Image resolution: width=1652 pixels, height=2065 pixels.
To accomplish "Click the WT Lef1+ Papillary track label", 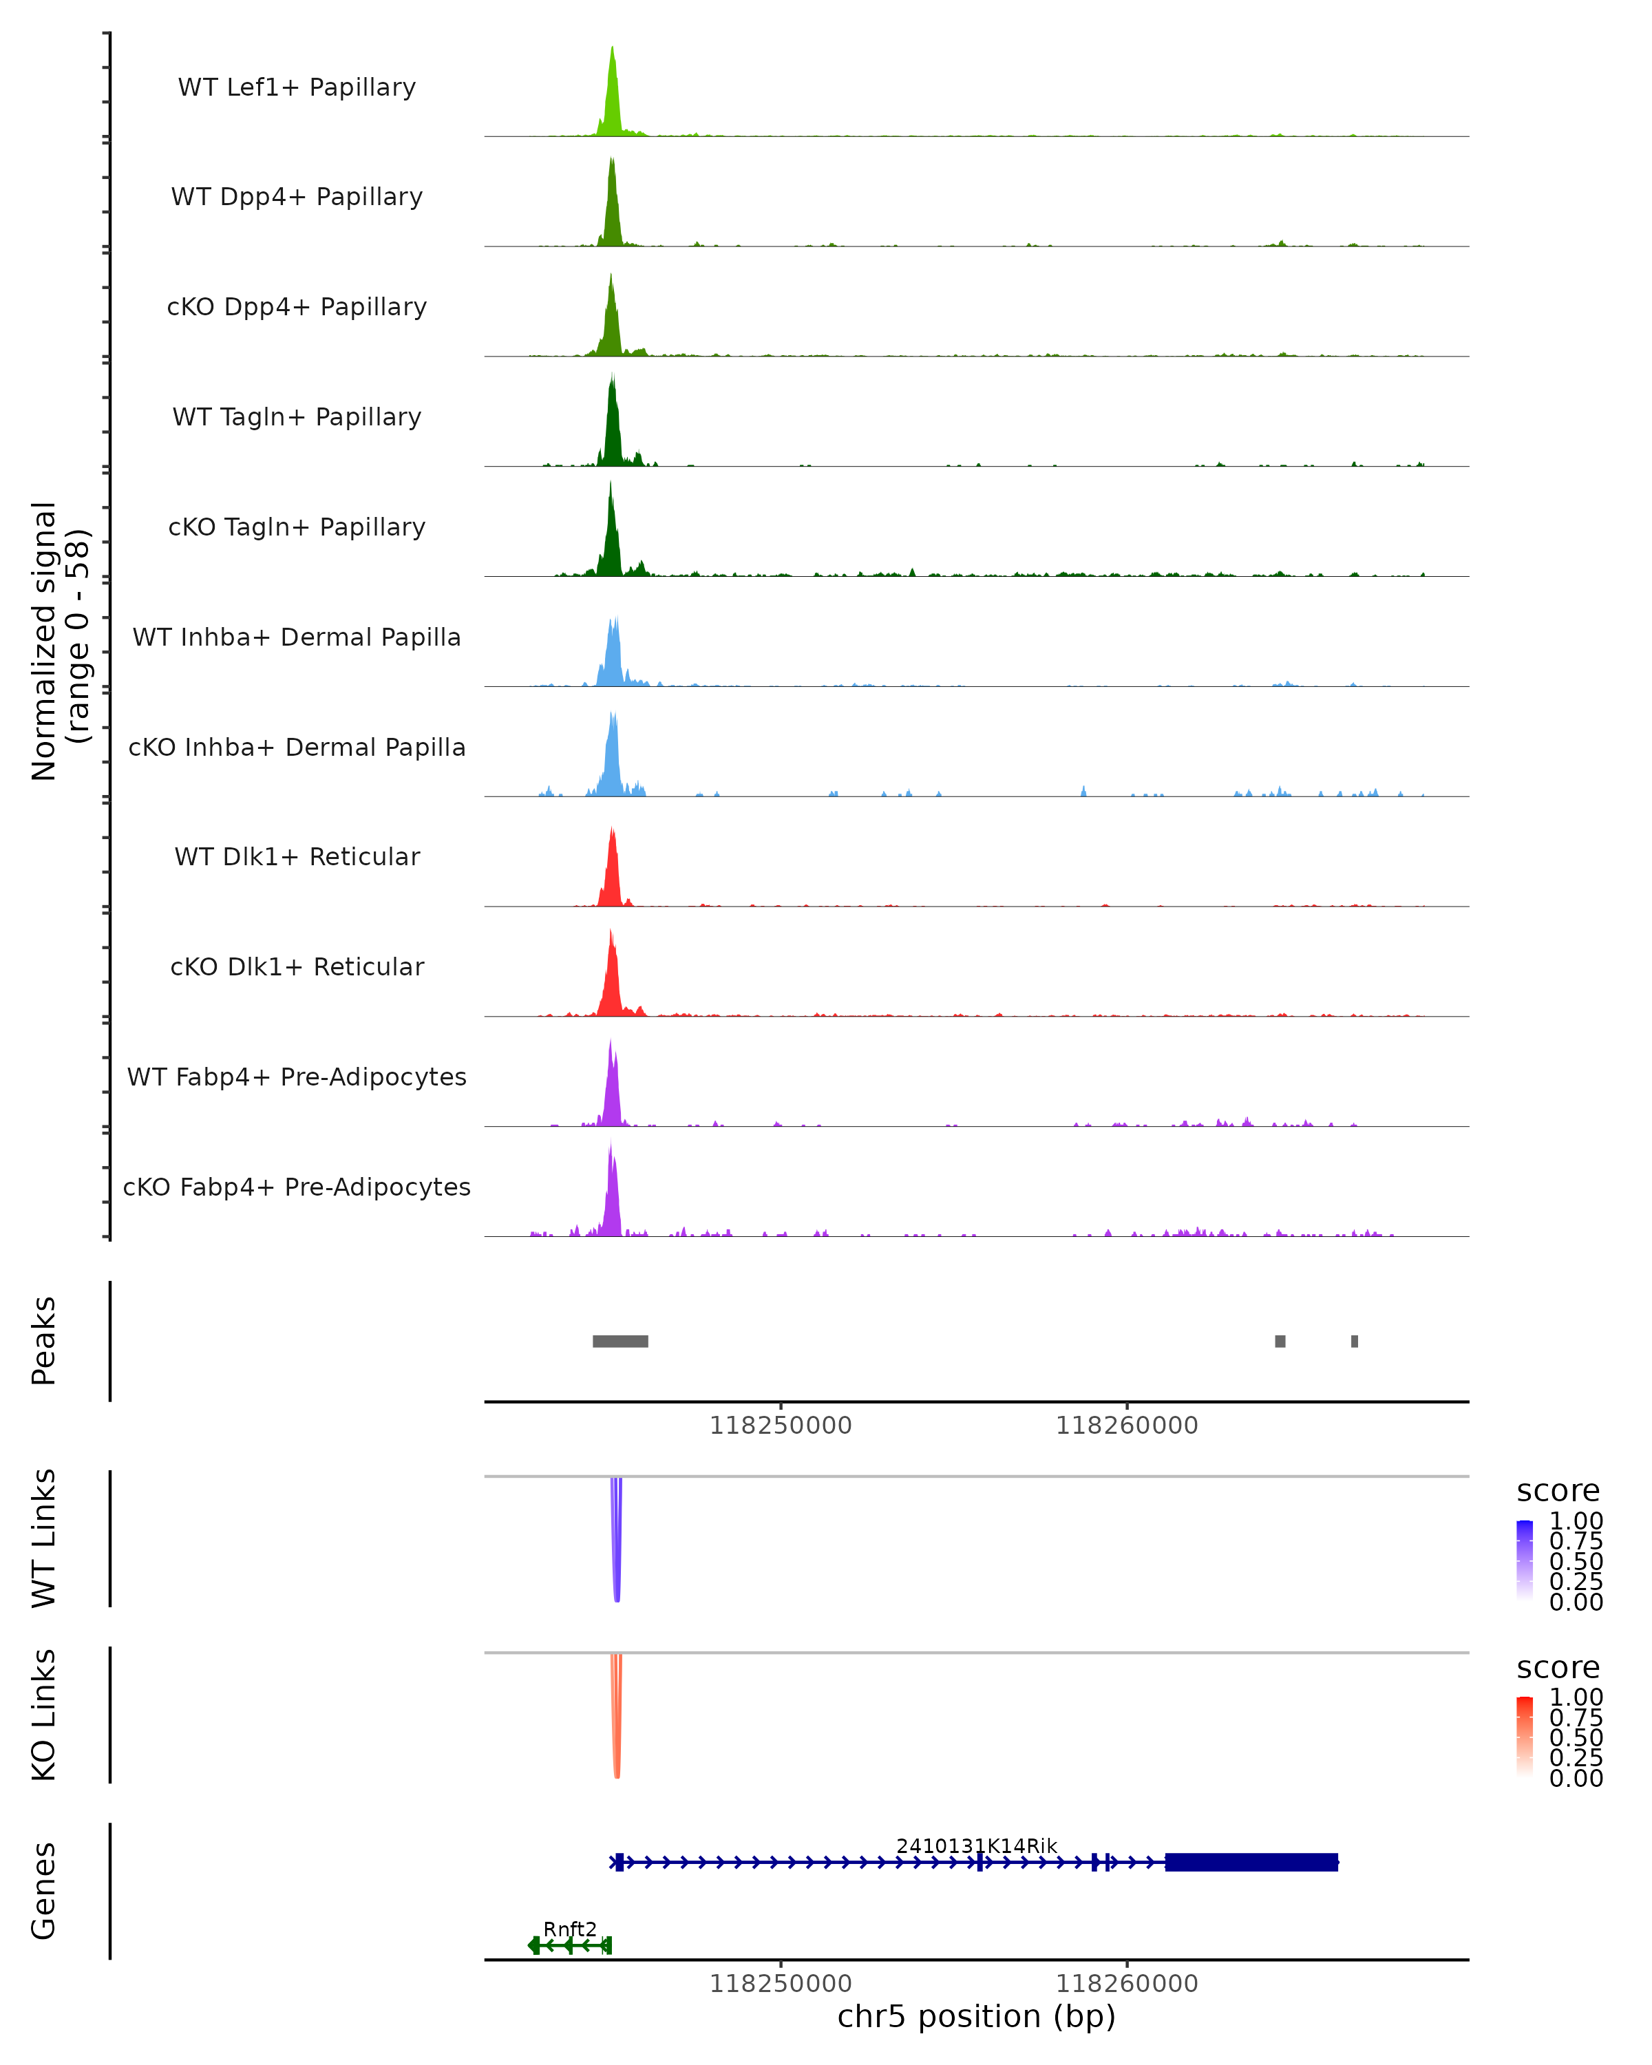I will pyautogui.click(x=297, y=87).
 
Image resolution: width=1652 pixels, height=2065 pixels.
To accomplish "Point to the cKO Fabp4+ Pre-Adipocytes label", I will pyautogui.click(x=297, y=1187).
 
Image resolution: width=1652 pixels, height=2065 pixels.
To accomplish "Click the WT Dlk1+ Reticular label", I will pyautogui.click(x=297, y=856).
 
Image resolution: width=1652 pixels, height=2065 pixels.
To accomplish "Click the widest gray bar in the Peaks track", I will pyautogui.click(x=621, y=1341).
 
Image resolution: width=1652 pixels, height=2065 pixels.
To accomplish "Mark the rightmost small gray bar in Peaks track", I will pyautogui.click(x=1354, y=1341).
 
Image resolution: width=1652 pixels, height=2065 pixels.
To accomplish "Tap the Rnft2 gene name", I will pyautogui.click(x=570, y=1929).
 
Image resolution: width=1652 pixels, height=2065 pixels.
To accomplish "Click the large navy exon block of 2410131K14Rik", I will pyautogui.click(x=1251, y=1862).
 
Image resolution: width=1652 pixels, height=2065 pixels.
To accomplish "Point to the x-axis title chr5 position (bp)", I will pyautogui.click(x=976, y=2016).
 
